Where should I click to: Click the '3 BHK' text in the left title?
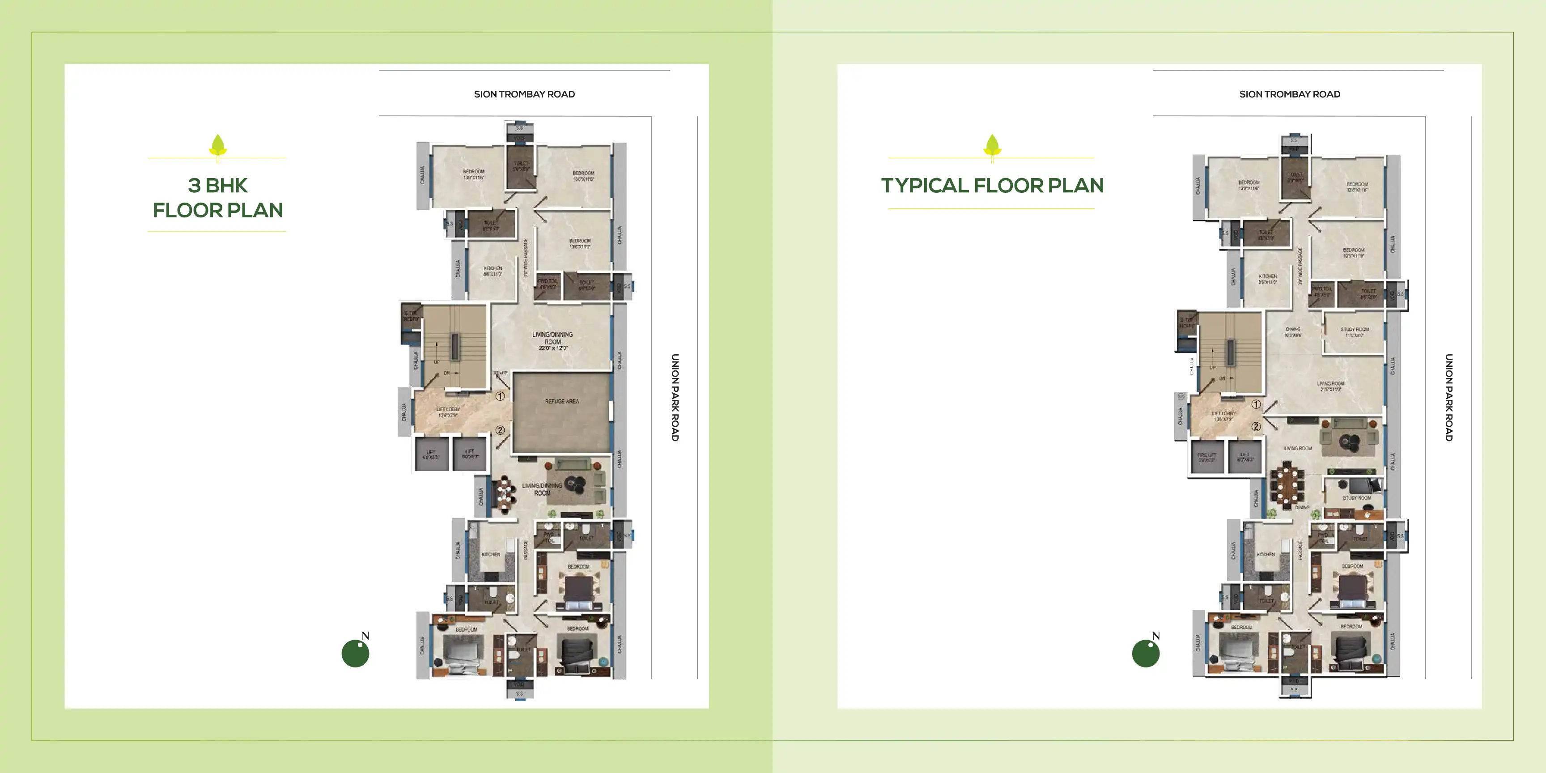(x=217, y=186)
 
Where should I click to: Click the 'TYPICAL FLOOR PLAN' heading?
(x=992, y=186)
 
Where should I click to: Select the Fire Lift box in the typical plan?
(x=1206, y=457)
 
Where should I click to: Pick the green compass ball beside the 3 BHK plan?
(x=355, y=654)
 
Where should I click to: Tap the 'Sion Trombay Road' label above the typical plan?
(x=1289, y=94)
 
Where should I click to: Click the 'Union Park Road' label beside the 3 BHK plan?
(x=675, y=397)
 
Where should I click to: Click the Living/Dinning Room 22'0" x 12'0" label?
(x=552, y=341)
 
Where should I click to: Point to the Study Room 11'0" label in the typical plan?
(x=1355, y=332)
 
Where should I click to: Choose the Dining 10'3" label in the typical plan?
(x=1293, y=332)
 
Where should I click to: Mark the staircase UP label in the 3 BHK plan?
(x=437, y=362)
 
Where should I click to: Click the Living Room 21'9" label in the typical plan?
(x=1330, y=386)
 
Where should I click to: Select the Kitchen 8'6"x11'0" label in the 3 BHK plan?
(x=493, y=271)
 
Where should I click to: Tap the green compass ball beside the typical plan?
(x=1145, y=654)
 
